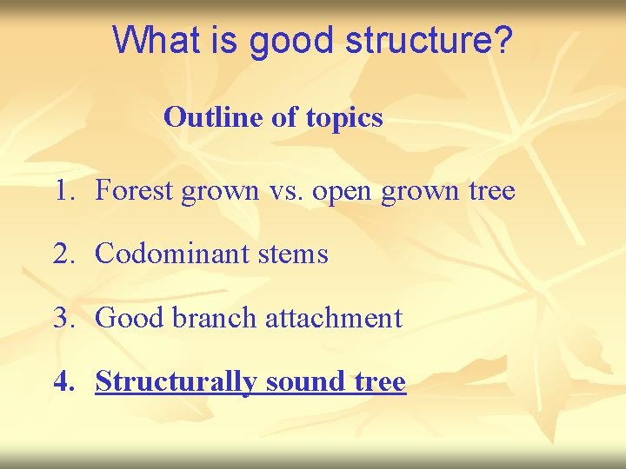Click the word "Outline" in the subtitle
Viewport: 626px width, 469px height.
coord(215,116)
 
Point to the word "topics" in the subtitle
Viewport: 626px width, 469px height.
coord(344,118)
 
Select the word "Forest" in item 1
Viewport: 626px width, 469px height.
coord(134,190)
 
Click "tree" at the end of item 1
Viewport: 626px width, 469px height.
coord(490,190)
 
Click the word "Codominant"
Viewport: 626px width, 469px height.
coord(170,254)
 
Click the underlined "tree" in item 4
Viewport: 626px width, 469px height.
coord(381,381)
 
